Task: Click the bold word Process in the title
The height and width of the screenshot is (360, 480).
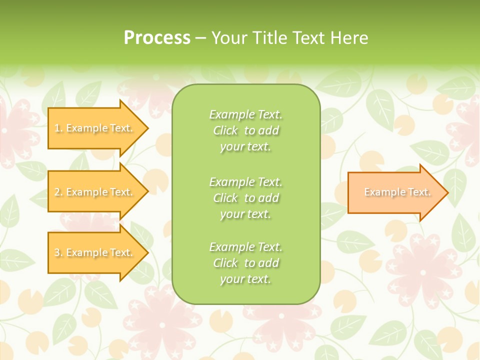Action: [157, 38]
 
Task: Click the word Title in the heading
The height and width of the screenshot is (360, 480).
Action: [269, 38]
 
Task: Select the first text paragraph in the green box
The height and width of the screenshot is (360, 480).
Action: [245, 130]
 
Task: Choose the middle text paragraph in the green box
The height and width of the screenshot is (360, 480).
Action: [245, 198]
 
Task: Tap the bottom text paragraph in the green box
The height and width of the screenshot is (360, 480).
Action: [245, 263]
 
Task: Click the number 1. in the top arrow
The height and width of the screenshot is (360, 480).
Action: [58, 128]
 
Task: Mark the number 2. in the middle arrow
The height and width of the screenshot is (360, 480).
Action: [58, 192]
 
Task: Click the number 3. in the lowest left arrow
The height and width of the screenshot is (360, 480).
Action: [58, 253]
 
